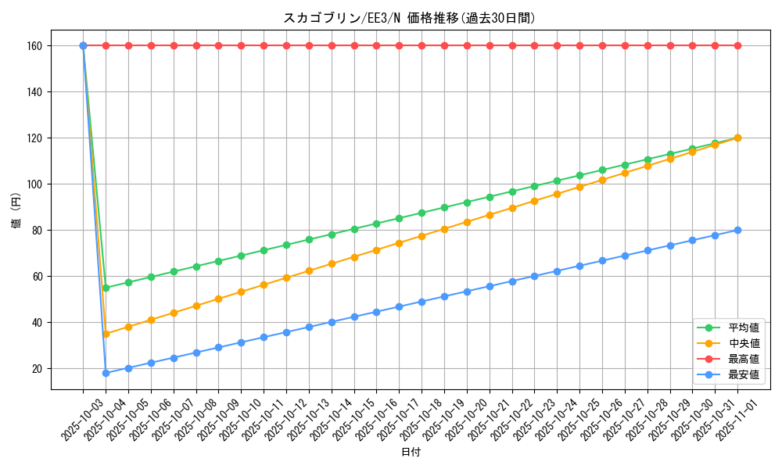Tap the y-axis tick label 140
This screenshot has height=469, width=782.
click(x=34, y=91)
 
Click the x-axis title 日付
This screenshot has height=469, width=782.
click(x=411, y=453)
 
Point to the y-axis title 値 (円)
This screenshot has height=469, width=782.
click(x=16, y=211)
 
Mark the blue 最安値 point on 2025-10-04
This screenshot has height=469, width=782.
click(x=106, y=373)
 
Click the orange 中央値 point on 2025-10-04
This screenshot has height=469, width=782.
click(x=106, y=334)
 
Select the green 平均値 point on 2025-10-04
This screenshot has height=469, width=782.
click(x=106, y=288)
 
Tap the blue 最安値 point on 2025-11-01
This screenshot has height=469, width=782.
click(x=737, y=230)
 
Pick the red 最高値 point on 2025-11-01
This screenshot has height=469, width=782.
click(x=737, y=45)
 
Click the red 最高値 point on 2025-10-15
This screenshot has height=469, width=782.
click(x=354, y=45)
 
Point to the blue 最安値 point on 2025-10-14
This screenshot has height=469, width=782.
click(x=332, y=322)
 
